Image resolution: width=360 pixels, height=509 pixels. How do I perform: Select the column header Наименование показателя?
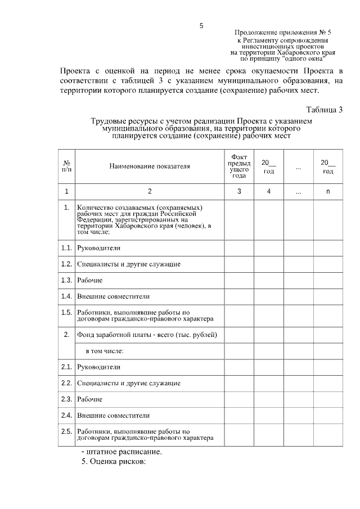[150, 166]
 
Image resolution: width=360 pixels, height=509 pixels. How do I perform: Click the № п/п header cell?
[66, 166]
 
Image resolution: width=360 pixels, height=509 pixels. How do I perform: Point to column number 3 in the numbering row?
[239, 192]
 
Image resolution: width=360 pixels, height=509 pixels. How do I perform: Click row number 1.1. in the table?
[66, 248]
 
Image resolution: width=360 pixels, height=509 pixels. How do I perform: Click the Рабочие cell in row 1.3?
[90, 280]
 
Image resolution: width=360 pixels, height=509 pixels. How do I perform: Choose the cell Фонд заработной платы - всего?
[147, 335]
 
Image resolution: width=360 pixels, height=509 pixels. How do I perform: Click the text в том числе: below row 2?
[104, 351]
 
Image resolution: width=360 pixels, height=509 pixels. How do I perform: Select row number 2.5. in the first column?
[66, 431]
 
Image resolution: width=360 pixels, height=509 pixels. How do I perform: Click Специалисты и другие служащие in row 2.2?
[129, 383]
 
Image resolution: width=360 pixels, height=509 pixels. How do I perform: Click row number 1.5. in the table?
[66, 312]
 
